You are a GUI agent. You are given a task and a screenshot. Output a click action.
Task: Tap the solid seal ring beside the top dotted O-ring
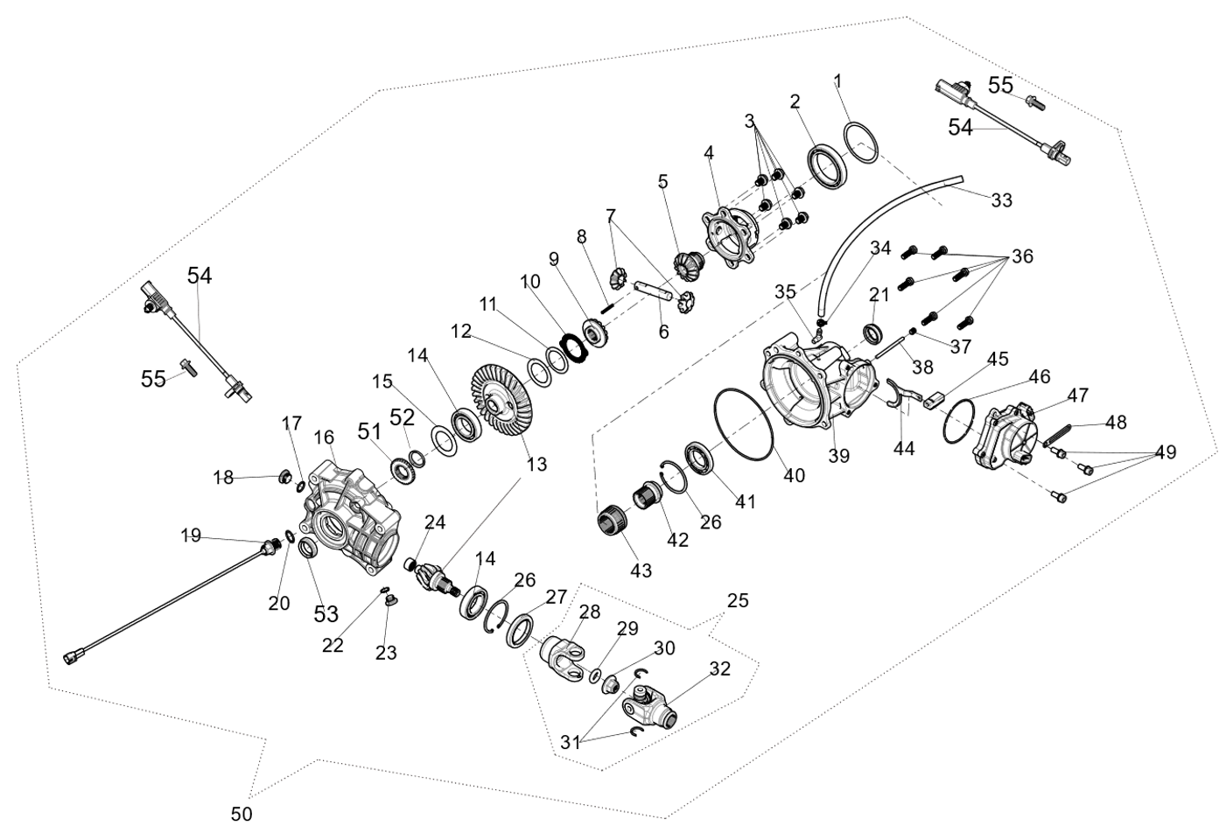827,165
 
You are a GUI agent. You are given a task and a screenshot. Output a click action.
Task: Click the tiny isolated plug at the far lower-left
71,657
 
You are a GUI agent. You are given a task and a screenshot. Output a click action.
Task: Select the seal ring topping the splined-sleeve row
697,458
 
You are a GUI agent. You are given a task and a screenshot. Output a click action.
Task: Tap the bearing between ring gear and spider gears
598,332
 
